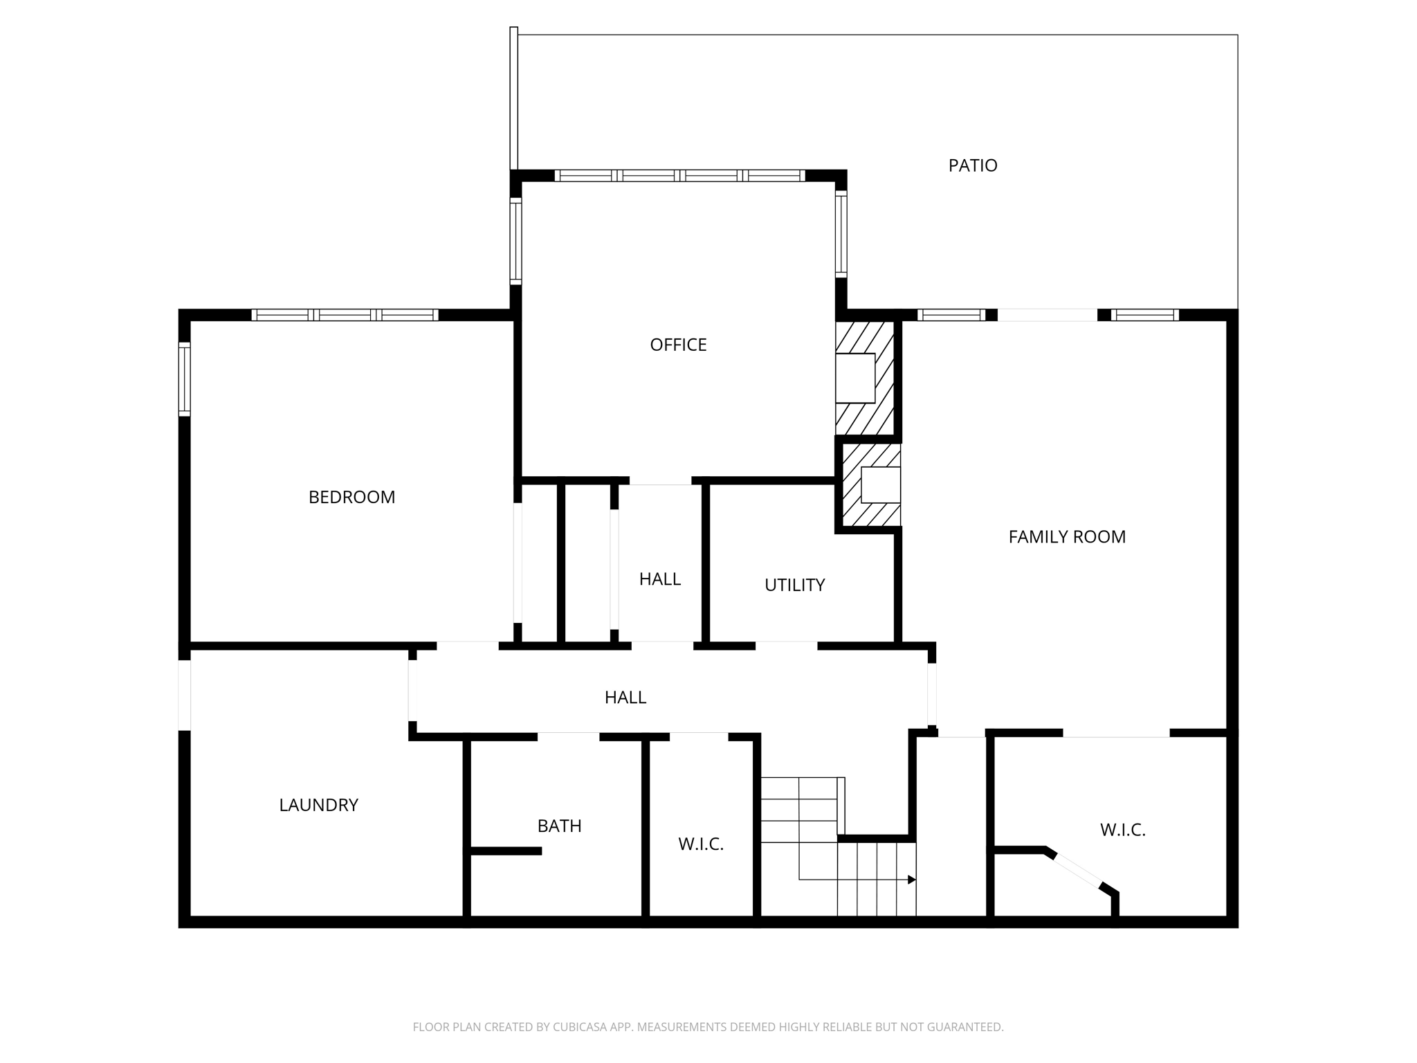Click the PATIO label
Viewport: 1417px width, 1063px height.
[x=972, y=165]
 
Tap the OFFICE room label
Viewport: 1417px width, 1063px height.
[x=678, y=345]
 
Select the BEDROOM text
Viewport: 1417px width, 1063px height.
[x=351, y=497]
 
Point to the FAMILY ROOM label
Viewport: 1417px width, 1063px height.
[x=1066, y=536]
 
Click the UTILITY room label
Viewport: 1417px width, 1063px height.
[x=794, y=585]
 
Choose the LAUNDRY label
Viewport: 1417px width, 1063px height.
[x=318, y=805]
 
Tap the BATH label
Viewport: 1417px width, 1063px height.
[x=559, y=826]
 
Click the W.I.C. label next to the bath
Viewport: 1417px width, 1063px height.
[x=700, y=844]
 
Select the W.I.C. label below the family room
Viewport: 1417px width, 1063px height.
[x=1122, y=830]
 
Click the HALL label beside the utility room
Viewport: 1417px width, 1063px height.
[x=659, y=579]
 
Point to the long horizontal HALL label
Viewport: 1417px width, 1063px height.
[x=625, y=697]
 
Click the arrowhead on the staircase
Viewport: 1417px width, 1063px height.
[x=912, y=880]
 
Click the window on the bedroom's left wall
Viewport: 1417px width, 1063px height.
[x=184, y=379]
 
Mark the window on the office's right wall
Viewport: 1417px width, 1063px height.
[x=841, y=234]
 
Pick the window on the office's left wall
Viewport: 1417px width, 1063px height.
[x=515, y=241]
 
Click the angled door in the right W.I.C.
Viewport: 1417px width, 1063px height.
[x=1077, y=870]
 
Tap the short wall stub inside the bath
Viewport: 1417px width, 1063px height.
[x=505, y=851]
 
